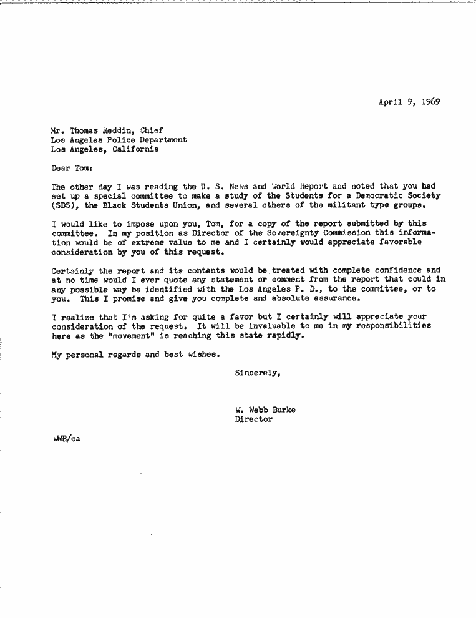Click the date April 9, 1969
tap(409, 102)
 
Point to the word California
tap(135, 150)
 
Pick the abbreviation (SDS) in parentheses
tap(63, 205)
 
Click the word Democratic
tap(379, 195)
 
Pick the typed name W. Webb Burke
tap(265, 410)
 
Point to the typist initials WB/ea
tap(67, 438)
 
